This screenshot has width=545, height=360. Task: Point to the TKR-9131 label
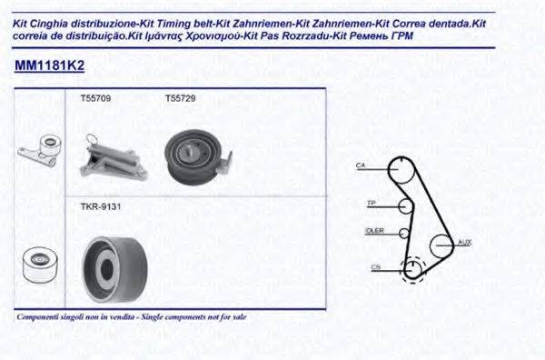tap(100, 207)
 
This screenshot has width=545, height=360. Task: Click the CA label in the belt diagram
tap(361, 165)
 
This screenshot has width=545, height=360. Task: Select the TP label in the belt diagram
tap(371, 202)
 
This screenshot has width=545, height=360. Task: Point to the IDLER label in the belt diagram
tap(374, 231)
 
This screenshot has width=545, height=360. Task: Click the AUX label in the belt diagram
tap(465, 242)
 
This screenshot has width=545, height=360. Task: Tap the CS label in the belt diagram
tap(376, 266)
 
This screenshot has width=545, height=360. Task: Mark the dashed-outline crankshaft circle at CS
tap(413, 268)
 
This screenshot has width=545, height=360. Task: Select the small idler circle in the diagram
tap(403, 232)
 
